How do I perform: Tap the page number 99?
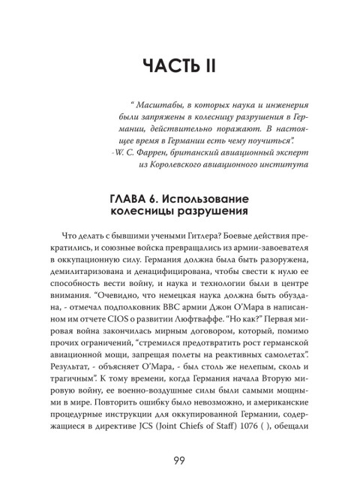tap(179, 459)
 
